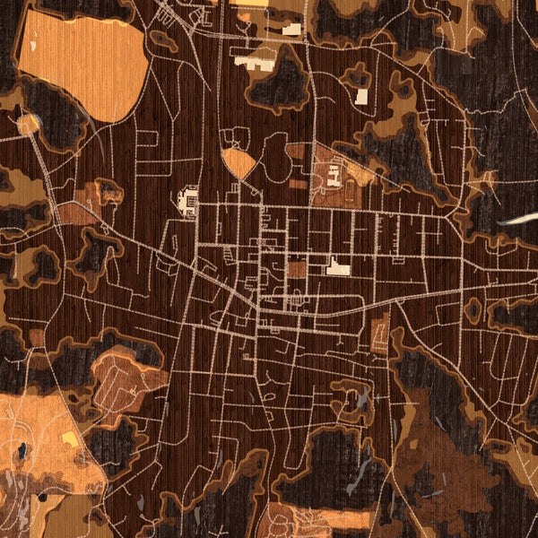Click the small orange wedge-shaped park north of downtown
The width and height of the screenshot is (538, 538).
[x=239, y=162]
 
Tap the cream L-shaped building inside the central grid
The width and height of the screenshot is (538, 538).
[x=338, y=267]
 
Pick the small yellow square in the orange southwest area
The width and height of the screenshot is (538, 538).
[x=69, y=438]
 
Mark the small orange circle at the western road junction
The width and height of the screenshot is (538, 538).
[x=29, y=123]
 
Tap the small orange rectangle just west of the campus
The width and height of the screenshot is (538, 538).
[x=298, y=184]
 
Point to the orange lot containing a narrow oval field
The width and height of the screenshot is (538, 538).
[x=379, y=336]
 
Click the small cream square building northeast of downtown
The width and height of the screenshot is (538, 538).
[x=361, y=96]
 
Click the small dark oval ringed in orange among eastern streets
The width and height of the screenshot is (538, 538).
[x=473, y=309]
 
